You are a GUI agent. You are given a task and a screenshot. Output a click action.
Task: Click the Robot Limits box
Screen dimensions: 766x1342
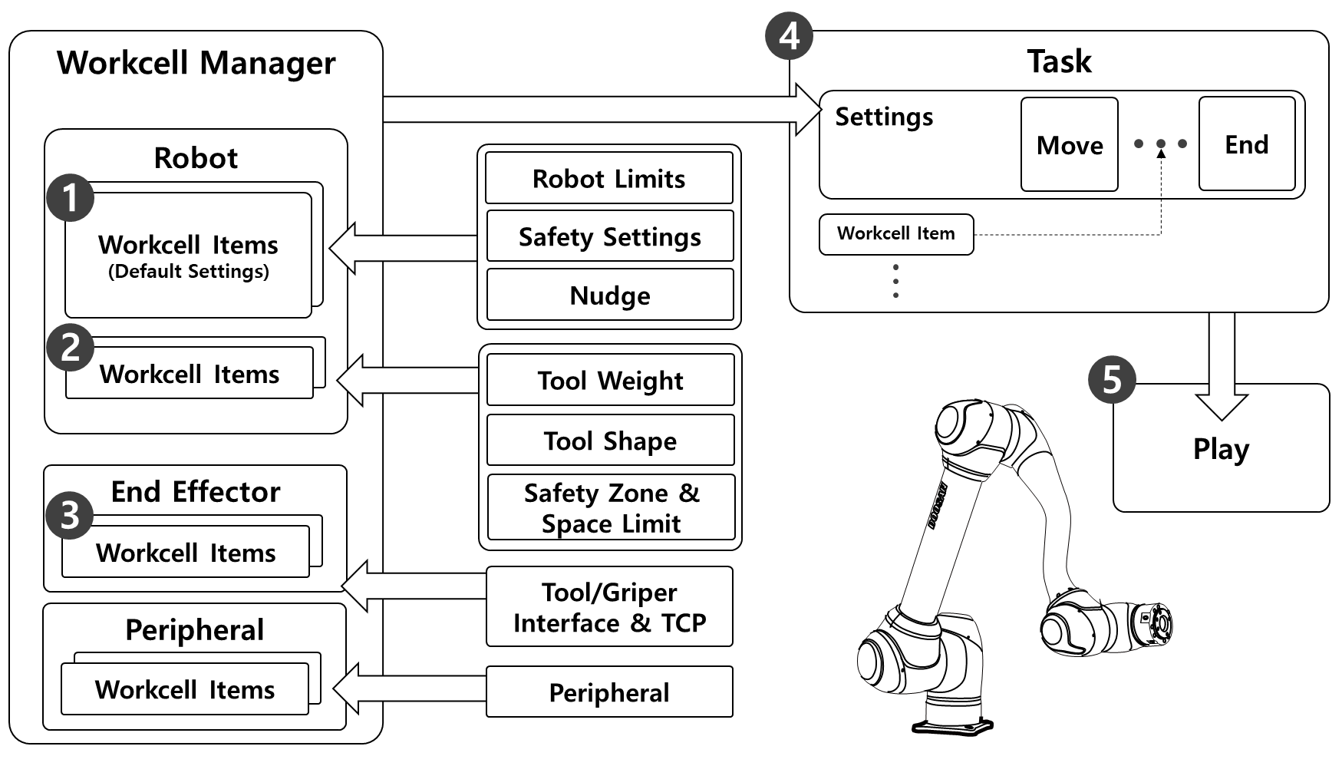pyautogui.click(x=609, y=178)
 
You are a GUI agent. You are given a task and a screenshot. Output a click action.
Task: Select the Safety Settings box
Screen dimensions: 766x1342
pyautogui.click(x=610, y=236)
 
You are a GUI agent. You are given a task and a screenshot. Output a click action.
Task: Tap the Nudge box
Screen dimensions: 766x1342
pyautogui.click(x=610, y=295)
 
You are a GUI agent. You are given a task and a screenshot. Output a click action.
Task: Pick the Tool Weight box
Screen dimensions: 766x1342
pyautogui.click(x=610, y=380)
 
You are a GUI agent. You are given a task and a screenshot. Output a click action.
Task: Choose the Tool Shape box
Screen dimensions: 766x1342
pyautogui.click(x=610, y=441)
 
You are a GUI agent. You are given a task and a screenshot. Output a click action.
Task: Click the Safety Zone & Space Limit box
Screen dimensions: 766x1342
pyautogui.click(x=611, y=507)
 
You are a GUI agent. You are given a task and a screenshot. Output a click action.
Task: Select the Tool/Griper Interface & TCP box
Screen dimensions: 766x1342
pyautogui.click(x=609, y=606)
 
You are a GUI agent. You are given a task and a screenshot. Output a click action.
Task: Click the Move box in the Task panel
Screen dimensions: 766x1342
pyautogui.click(x=1069, y=144)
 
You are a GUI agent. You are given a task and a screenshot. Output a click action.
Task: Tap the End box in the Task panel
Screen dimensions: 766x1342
pyautogui.click(x=1246, y=144)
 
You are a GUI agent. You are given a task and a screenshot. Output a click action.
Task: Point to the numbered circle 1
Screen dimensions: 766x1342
pyautogui.click(x=71, y=198)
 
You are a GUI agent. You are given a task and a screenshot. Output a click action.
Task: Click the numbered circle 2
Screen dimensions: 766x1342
pyautogui.click(x=71, y=347)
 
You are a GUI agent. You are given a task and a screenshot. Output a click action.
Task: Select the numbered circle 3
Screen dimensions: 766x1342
pyautogui.click(x=70, y=515)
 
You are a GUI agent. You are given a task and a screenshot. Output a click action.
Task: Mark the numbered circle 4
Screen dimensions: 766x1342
pyautogui.click(x=789, y=36)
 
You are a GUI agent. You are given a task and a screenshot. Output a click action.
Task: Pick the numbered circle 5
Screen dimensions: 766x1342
pyautogui.click(x=1112, y=379)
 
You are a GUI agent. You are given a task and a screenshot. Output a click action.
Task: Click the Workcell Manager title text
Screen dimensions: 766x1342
pyautogui.click(x=196, y=63)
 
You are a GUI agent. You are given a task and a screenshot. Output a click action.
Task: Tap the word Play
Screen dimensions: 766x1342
pyautogui.click(x=1221, y=449)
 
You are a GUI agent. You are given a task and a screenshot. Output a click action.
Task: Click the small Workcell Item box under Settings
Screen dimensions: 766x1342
pyautogui.click(x=896, y=234)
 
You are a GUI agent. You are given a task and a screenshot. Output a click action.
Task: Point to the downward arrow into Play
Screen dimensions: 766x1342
pyautogui.click(x=1222, y=368)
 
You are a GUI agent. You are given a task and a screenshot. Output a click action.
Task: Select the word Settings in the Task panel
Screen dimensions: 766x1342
pyautogui.click(x=884, y=117)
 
